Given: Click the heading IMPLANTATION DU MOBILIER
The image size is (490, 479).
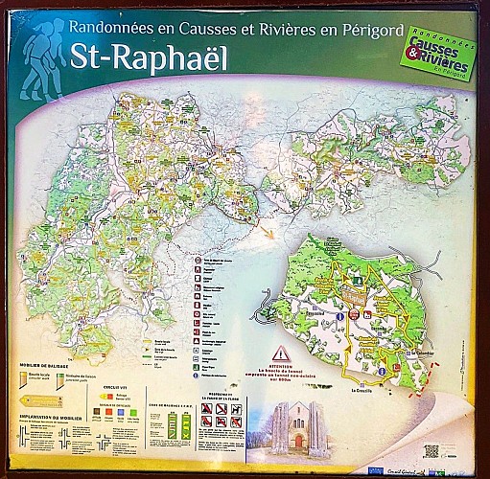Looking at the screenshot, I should click(53, 418).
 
